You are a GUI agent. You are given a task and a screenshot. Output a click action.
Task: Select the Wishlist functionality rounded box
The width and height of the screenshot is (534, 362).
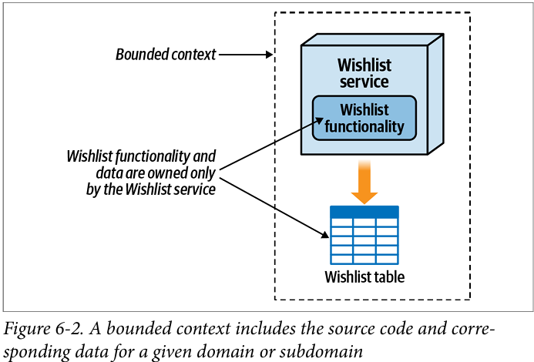pos(364,118)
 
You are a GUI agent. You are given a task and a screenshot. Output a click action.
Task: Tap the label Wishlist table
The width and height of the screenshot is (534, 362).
pos(364,277)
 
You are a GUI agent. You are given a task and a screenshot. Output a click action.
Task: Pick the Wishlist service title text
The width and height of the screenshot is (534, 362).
pos(364,72)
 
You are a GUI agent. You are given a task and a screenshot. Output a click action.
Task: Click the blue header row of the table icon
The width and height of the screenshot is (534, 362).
pos(364,211)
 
